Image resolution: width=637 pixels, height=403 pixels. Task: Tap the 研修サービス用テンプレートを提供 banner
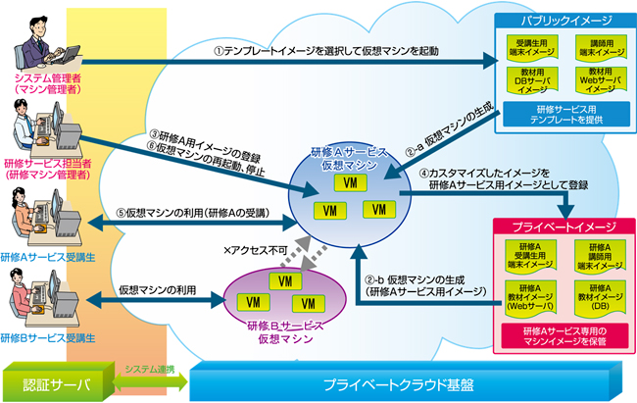point(556,114)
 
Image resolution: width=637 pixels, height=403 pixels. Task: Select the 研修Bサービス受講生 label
point(47,338)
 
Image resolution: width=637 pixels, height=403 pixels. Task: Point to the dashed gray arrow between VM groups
point(317,247)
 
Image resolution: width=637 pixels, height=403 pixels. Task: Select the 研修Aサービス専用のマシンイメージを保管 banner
point(556,331)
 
